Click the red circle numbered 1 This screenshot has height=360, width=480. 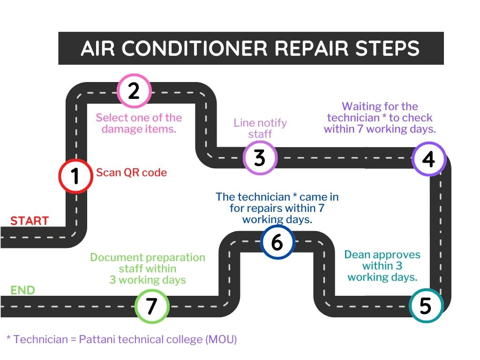point(75,176)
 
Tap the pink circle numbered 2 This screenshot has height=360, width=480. point(134,90)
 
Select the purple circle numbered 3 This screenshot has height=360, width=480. point(260,158)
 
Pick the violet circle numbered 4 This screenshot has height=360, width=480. point(428,159)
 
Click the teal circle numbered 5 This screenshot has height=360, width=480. point(426,306)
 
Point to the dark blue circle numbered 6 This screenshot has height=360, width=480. point(277,242)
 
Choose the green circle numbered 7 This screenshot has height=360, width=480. point(152,306)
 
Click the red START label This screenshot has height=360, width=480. point(30,221)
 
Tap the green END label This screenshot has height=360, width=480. point(22,290)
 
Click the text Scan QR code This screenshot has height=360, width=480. point(132,172)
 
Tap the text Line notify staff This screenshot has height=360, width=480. point(260,128)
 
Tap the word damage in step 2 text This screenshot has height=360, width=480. point(122,129)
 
